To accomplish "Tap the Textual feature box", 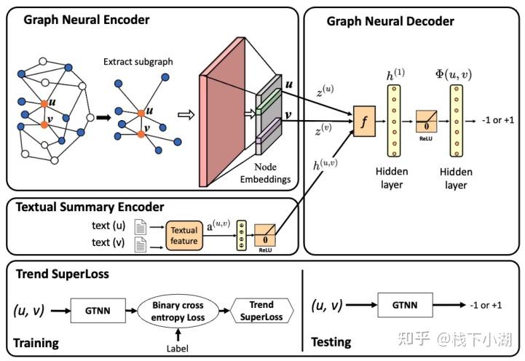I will tap(183, 235).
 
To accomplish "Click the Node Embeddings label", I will tap(275, 174).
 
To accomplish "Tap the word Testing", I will tap(331, 341).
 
